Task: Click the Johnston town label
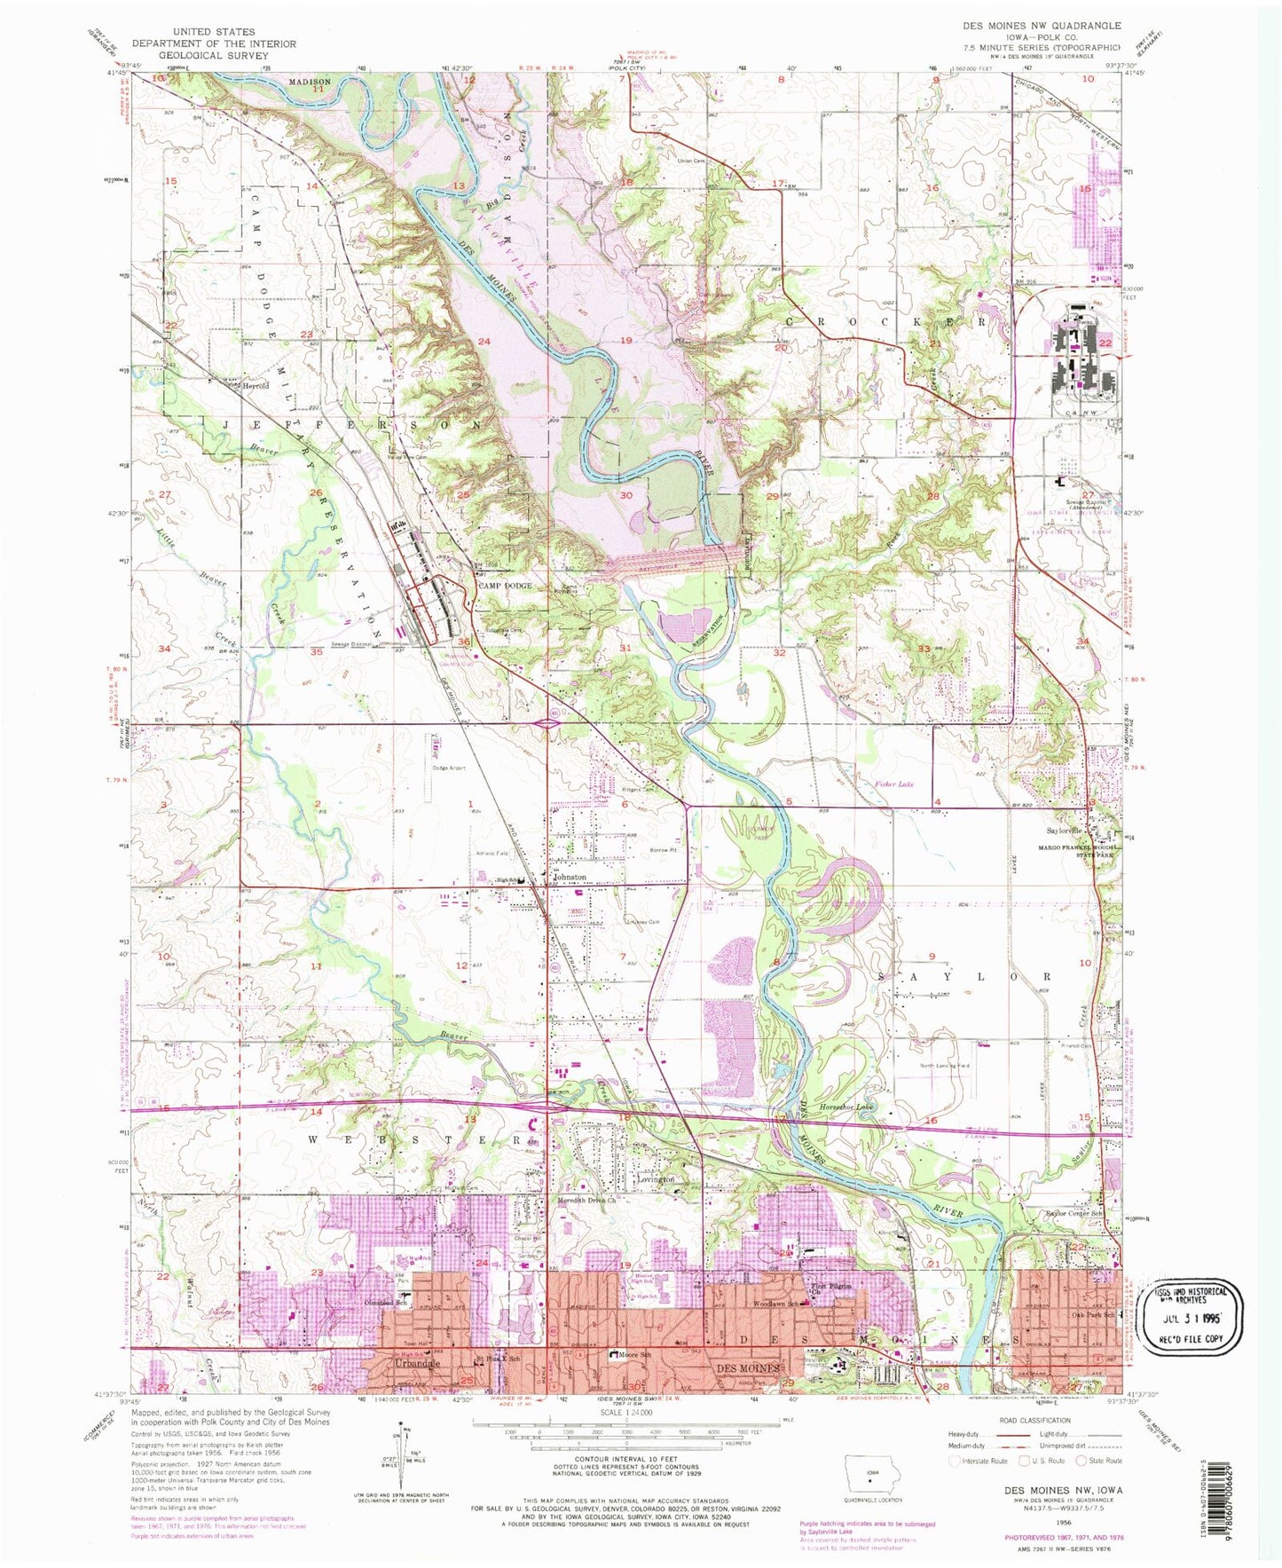pyautogui.click(x=570, y=877)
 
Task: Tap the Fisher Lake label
pyautogui.click(x=893, y=784)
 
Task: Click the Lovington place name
pyautogui.click(x=657, y=1180)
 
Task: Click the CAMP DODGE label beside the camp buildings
pyautogui.click(x=506, y=586)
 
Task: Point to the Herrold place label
pyautogui.click(x=257, y=386)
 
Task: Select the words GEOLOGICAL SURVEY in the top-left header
pyautogui.click(x=214, y=55)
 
